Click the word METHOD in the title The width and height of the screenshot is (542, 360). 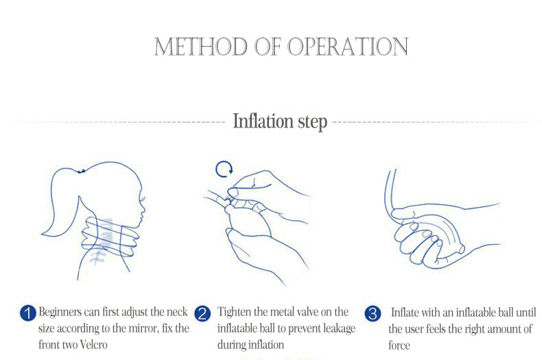point(200,47)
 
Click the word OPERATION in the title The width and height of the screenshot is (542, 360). point(348,47)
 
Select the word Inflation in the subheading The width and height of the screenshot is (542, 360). point(263,121)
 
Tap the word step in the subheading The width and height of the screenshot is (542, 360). point(312,122)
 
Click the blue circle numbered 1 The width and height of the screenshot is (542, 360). point(28,313)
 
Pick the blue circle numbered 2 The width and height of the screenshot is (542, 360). point(202,313)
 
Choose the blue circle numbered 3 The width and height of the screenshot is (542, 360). point(373,313)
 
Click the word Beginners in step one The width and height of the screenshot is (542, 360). point(60,312)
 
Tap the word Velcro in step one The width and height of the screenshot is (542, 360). point(93,344)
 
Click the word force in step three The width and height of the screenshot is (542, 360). point(399,345)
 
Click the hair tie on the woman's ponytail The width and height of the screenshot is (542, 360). point(81,171)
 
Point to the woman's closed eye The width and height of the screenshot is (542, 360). point(142,199)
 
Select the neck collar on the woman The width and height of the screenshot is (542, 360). point(110,237)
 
